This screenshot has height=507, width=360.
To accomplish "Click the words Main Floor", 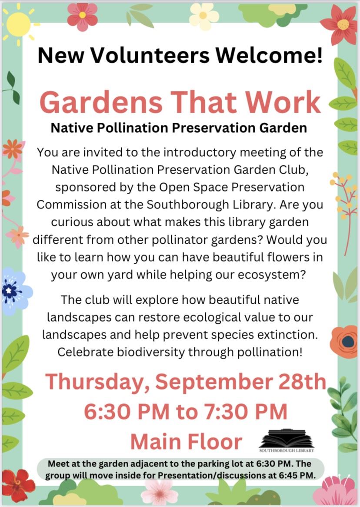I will tap(186, 441).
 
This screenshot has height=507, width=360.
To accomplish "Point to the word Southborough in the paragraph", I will tap(183, 205).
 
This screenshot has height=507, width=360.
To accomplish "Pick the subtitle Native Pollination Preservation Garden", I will tap(179, 128).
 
